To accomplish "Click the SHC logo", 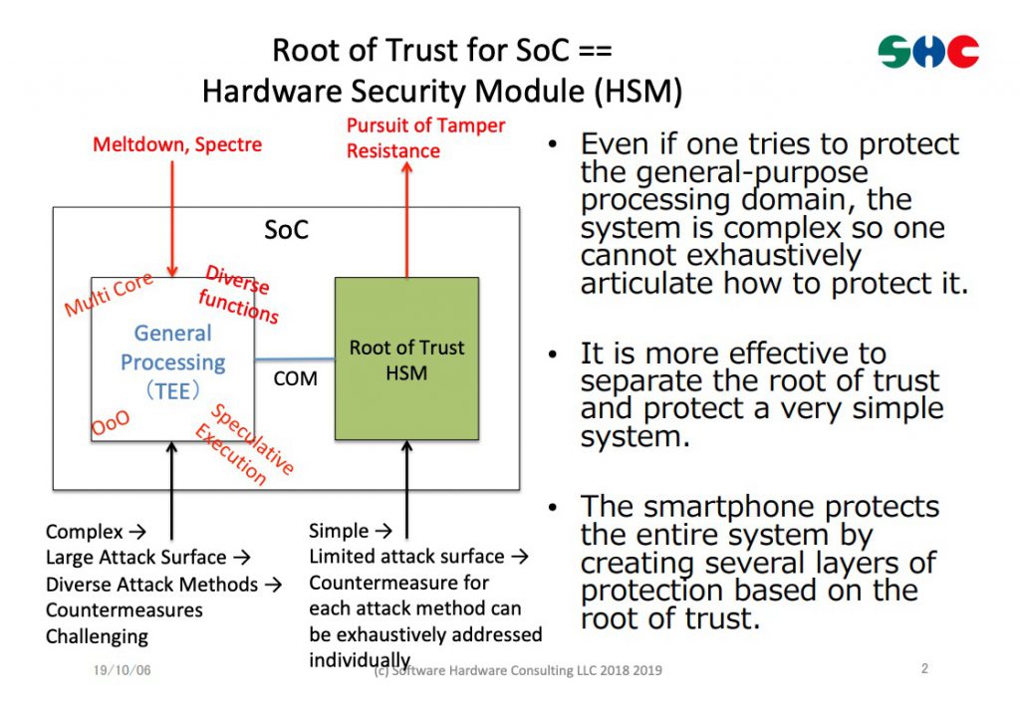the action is click(928, 52).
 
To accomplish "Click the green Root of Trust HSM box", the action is click(406, 358).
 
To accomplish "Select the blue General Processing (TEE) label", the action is click(173, 361).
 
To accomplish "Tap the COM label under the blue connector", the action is click(295, 378).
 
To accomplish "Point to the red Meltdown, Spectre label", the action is click(177, 144).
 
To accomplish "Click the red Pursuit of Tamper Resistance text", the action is click(425, 138).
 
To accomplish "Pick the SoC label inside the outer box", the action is click(286, 230).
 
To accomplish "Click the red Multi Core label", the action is click(109, 294).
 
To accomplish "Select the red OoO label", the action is click(111, 423).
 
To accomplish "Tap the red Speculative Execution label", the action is click(245, 444).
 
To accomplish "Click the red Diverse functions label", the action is click(238, 294).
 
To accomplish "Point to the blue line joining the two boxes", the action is click(295, 358).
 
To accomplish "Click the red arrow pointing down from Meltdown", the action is click(172, 219).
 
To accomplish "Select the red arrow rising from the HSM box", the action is click(407, 220).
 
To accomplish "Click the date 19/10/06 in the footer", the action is click(123, 670).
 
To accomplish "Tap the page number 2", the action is click(924, 668).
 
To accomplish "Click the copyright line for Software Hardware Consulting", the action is click(518, 670).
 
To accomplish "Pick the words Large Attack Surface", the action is click(135, 558).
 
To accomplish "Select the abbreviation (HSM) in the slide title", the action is click(638, 91).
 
